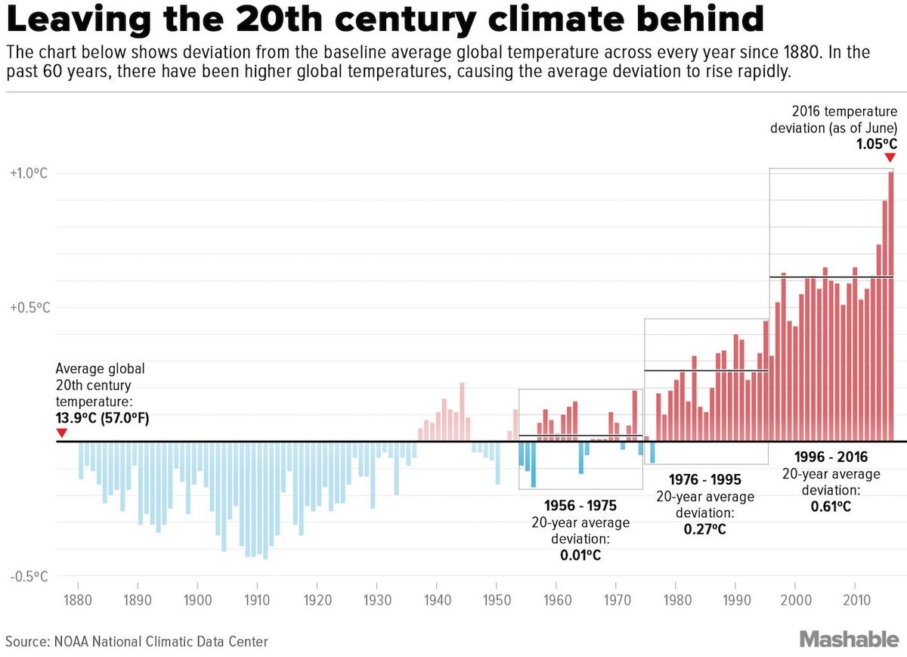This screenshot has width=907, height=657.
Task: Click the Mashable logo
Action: coord(850,640)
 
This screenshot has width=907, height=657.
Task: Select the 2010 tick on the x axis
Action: coord(854,586)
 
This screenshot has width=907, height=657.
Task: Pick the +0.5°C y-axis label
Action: coord(29,308)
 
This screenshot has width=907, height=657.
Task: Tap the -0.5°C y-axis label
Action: coord(29,577)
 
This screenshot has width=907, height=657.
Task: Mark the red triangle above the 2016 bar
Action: coord(890,157)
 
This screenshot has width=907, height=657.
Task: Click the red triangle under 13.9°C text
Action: coord(61,432)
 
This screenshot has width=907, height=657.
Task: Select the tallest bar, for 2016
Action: coord(891,302)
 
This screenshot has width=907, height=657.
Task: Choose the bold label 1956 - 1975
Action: coord(580,506)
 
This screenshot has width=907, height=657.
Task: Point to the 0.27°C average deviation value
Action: coord(705,528)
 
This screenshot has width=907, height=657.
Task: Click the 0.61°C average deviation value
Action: coord(831,506)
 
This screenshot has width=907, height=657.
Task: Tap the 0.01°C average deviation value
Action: coord(580,555)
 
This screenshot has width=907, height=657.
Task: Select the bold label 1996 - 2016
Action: coord(831,457)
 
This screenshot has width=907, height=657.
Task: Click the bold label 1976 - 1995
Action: coord(705,480)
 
